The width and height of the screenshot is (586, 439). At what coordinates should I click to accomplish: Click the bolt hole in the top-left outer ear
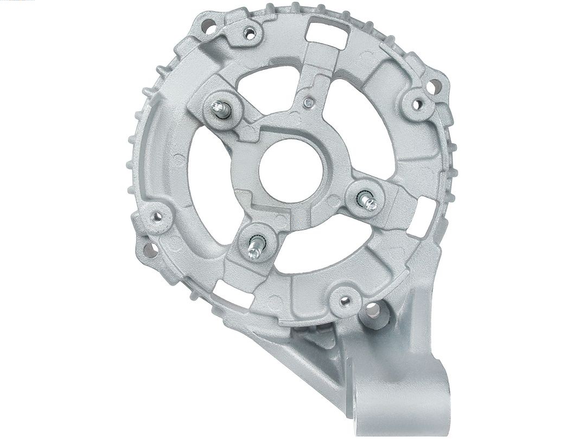208,24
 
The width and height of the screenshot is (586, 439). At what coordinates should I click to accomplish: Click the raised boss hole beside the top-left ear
250,34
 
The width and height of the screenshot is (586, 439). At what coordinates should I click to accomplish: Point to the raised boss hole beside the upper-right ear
417,102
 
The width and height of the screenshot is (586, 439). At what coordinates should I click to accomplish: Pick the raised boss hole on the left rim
157,217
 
